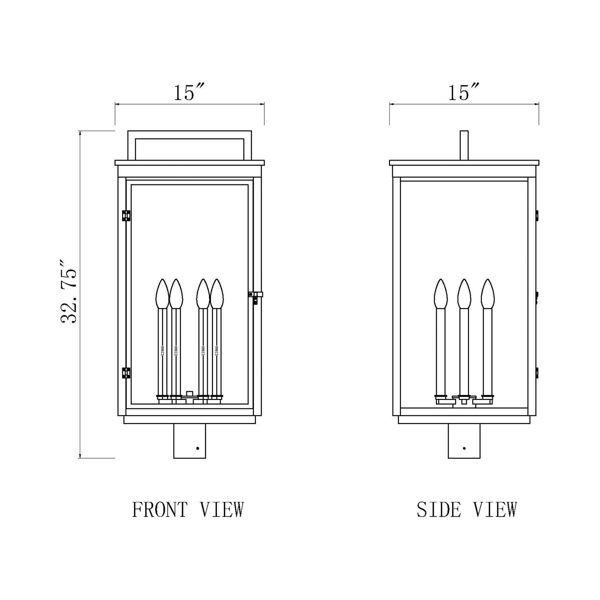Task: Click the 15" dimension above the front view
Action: (188, 92)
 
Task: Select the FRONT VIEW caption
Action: (188, 510)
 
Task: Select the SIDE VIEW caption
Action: (466, 510)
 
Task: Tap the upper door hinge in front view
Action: (126, 215)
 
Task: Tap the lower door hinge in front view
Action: (126, 373)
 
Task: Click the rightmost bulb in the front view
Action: (216, 294)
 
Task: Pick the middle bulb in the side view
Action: (464, 294)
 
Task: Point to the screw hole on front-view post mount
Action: (198, 448)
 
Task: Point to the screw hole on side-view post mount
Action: (464, 448)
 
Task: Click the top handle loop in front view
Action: (189, 135)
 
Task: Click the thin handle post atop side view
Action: (464, 145)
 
